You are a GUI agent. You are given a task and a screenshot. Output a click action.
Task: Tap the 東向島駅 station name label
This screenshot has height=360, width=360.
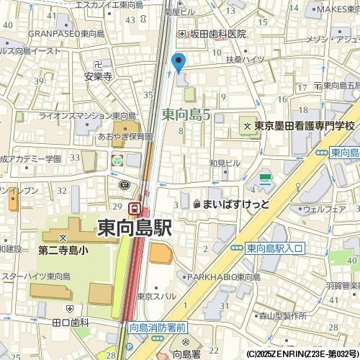(x=135, y=229)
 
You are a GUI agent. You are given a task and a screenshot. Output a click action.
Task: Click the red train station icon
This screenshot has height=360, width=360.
(x=134, y=208)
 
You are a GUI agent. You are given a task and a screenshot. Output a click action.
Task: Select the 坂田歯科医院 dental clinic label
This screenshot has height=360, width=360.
(x=217, y=34)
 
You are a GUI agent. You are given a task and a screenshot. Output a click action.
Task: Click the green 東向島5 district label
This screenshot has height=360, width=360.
(x=186, y=113)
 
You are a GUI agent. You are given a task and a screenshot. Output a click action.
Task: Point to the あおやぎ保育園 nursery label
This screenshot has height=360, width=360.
(x=126, y=136)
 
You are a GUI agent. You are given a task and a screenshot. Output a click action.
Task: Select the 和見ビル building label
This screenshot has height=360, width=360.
(x=225, y=163)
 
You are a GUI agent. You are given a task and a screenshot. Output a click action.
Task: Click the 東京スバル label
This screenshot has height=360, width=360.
(x=157, y=296)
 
